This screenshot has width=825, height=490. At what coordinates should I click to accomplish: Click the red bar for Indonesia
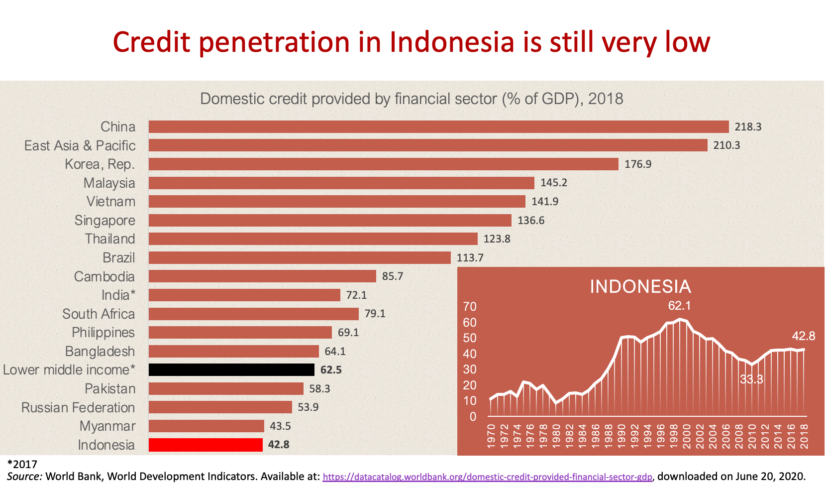[x=206, y=445]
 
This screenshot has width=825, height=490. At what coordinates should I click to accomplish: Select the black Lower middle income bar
[x=231, y=369]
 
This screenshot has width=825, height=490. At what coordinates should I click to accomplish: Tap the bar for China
[x=438, y=126]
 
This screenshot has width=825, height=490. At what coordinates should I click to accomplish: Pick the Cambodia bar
[x=262, y=276]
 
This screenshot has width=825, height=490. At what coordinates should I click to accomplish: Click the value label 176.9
[x=638, y=164]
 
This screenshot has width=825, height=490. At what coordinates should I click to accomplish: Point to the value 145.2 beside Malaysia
[x=554, y=183]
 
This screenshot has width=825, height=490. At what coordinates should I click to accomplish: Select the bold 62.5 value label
[x=331, y=370]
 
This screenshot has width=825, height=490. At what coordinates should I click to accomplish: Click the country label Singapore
[x=104, y=220]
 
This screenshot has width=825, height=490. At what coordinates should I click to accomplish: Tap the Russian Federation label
[x=78, y=407]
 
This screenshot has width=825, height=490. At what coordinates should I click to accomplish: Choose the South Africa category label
[x=99, y=314]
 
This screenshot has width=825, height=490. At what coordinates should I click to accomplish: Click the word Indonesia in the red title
[x=452, y=42]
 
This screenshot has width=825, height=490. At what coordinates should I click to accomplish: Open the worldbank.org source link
[x=487, y=477]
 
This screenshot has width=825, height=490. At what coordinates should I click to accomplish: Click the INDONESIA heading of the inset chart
[x=640, y=287]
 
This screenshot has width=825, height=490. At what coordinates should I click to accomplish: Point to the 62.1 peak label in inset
[x=679, y=306]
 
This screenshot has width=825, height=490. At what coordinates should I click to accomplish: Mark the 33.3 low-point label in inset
[x=751, y=379]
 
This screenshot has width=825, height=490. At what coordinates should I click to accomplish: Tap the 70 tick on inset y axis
[x=470, y=307]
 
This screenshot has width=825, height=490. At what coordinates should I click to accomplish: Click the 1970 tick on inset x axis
[x=492, y=436]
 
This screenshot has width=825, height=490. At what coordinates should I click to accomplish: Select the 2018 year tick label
[x=804, y=436]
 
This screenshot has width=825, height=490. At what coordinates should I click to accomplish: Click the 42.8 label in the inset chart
[x=804, y=336]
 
